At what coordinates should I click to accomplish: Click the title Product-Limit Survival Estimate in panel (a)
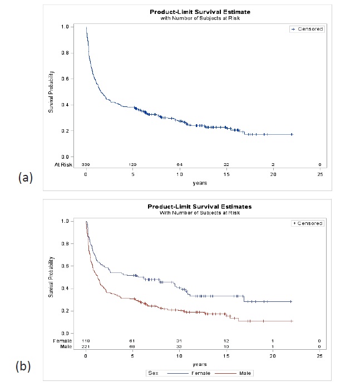[x=200, y=12]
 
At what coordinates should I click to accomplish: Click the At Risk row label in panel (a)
[x=63, y=165]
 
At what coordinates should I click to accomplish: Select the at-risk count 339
[x=86, y=165]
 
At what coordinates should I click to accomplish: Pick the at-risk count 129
[x=133, y=165]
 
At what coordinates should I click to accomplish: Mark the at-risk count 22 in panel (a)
[x=226, y=165]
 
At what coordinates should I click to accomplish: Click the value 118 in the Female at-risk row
[x=86, y=340]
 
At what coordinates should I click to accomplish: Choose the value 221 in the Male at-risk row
[x=86, y=346]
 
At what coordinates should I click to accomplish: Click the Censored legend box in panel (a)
[x=307, y=29]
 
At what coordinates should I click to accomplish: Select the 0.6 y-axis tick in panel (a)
[x=66, y=79]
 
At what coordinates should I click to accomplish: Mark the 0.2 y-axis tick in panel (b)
[x=66, y=310]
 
